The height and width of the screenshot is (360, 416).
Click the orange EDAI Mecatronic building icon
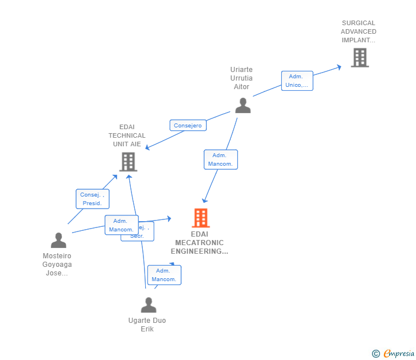(x=201, y=218)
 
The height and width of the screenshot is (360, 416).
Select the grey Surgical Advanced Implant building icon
(x=359, y=58)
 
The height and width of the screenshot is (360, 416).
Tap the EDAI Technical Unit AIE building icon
(x=128, y=162)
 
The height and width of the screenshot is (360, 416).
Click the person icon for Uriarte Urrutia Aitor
(x=243, y=105)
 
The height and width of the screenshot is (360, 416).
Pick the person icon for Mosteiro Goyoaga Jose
(x=58, y=240)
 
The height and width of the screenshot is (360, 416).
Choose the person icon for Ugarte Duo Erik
(x=149, y=305)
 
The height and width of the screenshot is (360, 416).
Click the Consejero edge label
(x=188, y=126)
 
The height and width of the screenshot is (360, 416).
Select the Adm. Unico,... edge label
(x=297, y=81)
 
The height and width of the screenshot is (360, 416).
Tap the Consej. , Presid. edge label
(x=92, y=199)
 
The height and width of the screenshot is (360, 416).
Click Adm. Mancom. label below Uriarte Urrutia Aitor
(x=221, y=159)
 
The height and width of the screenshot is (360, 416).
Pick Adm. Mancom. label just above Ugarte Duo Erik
(x=164, y=275)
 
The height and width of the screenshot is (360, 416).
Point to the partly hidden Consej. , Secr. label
(x=145, y=235)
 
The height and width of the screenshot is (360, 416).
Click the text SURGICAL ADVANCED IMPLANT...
(x=359, y=32)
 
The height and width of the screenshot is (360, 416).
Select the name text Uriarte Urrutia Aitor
(x=242, y=78)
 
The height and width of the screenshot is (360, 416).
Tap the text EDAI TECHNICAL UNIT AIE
(x=127, y=136)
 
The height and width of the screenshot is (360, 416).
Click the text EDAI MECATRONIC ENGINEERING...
(x=199, y=243)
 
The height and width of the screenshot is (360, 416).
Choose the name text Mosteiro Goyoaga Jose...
(x=57, y=265)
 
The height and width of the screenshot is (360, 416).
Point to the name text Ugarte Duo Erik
(x=147, y=325)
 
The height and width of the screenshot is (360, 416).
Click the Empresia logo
(x=399, y=354)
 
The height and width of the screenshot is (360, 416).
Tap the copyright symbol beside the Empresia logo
(x=376, y=354)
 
